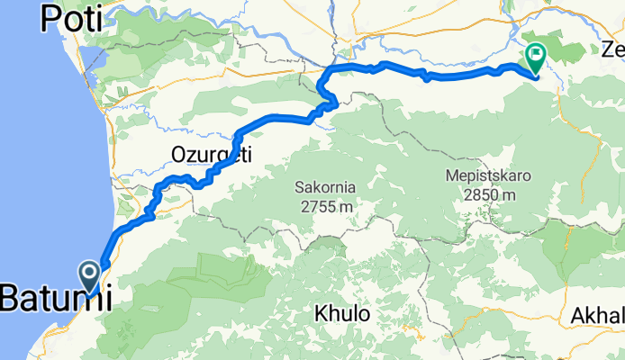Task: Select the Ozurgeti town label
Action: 211,155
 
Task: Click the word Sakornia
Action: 326,188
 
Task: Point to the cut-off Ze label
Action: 612,48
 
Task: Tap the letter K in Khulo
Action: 321,315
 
